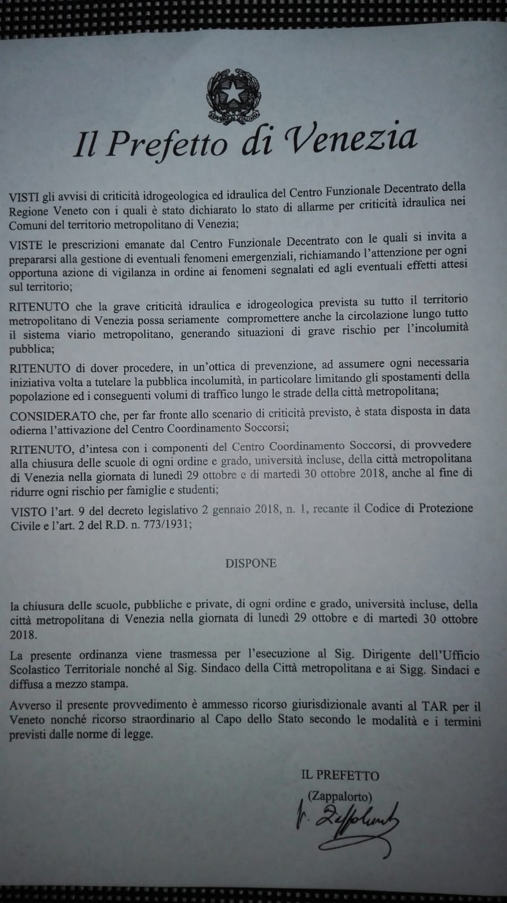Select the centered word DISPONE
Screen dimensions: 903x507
[251, 563]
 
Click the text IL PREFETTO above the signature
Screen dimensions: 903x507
[340, 775]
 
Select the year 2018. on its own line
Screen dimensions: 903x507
[24, 634]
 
